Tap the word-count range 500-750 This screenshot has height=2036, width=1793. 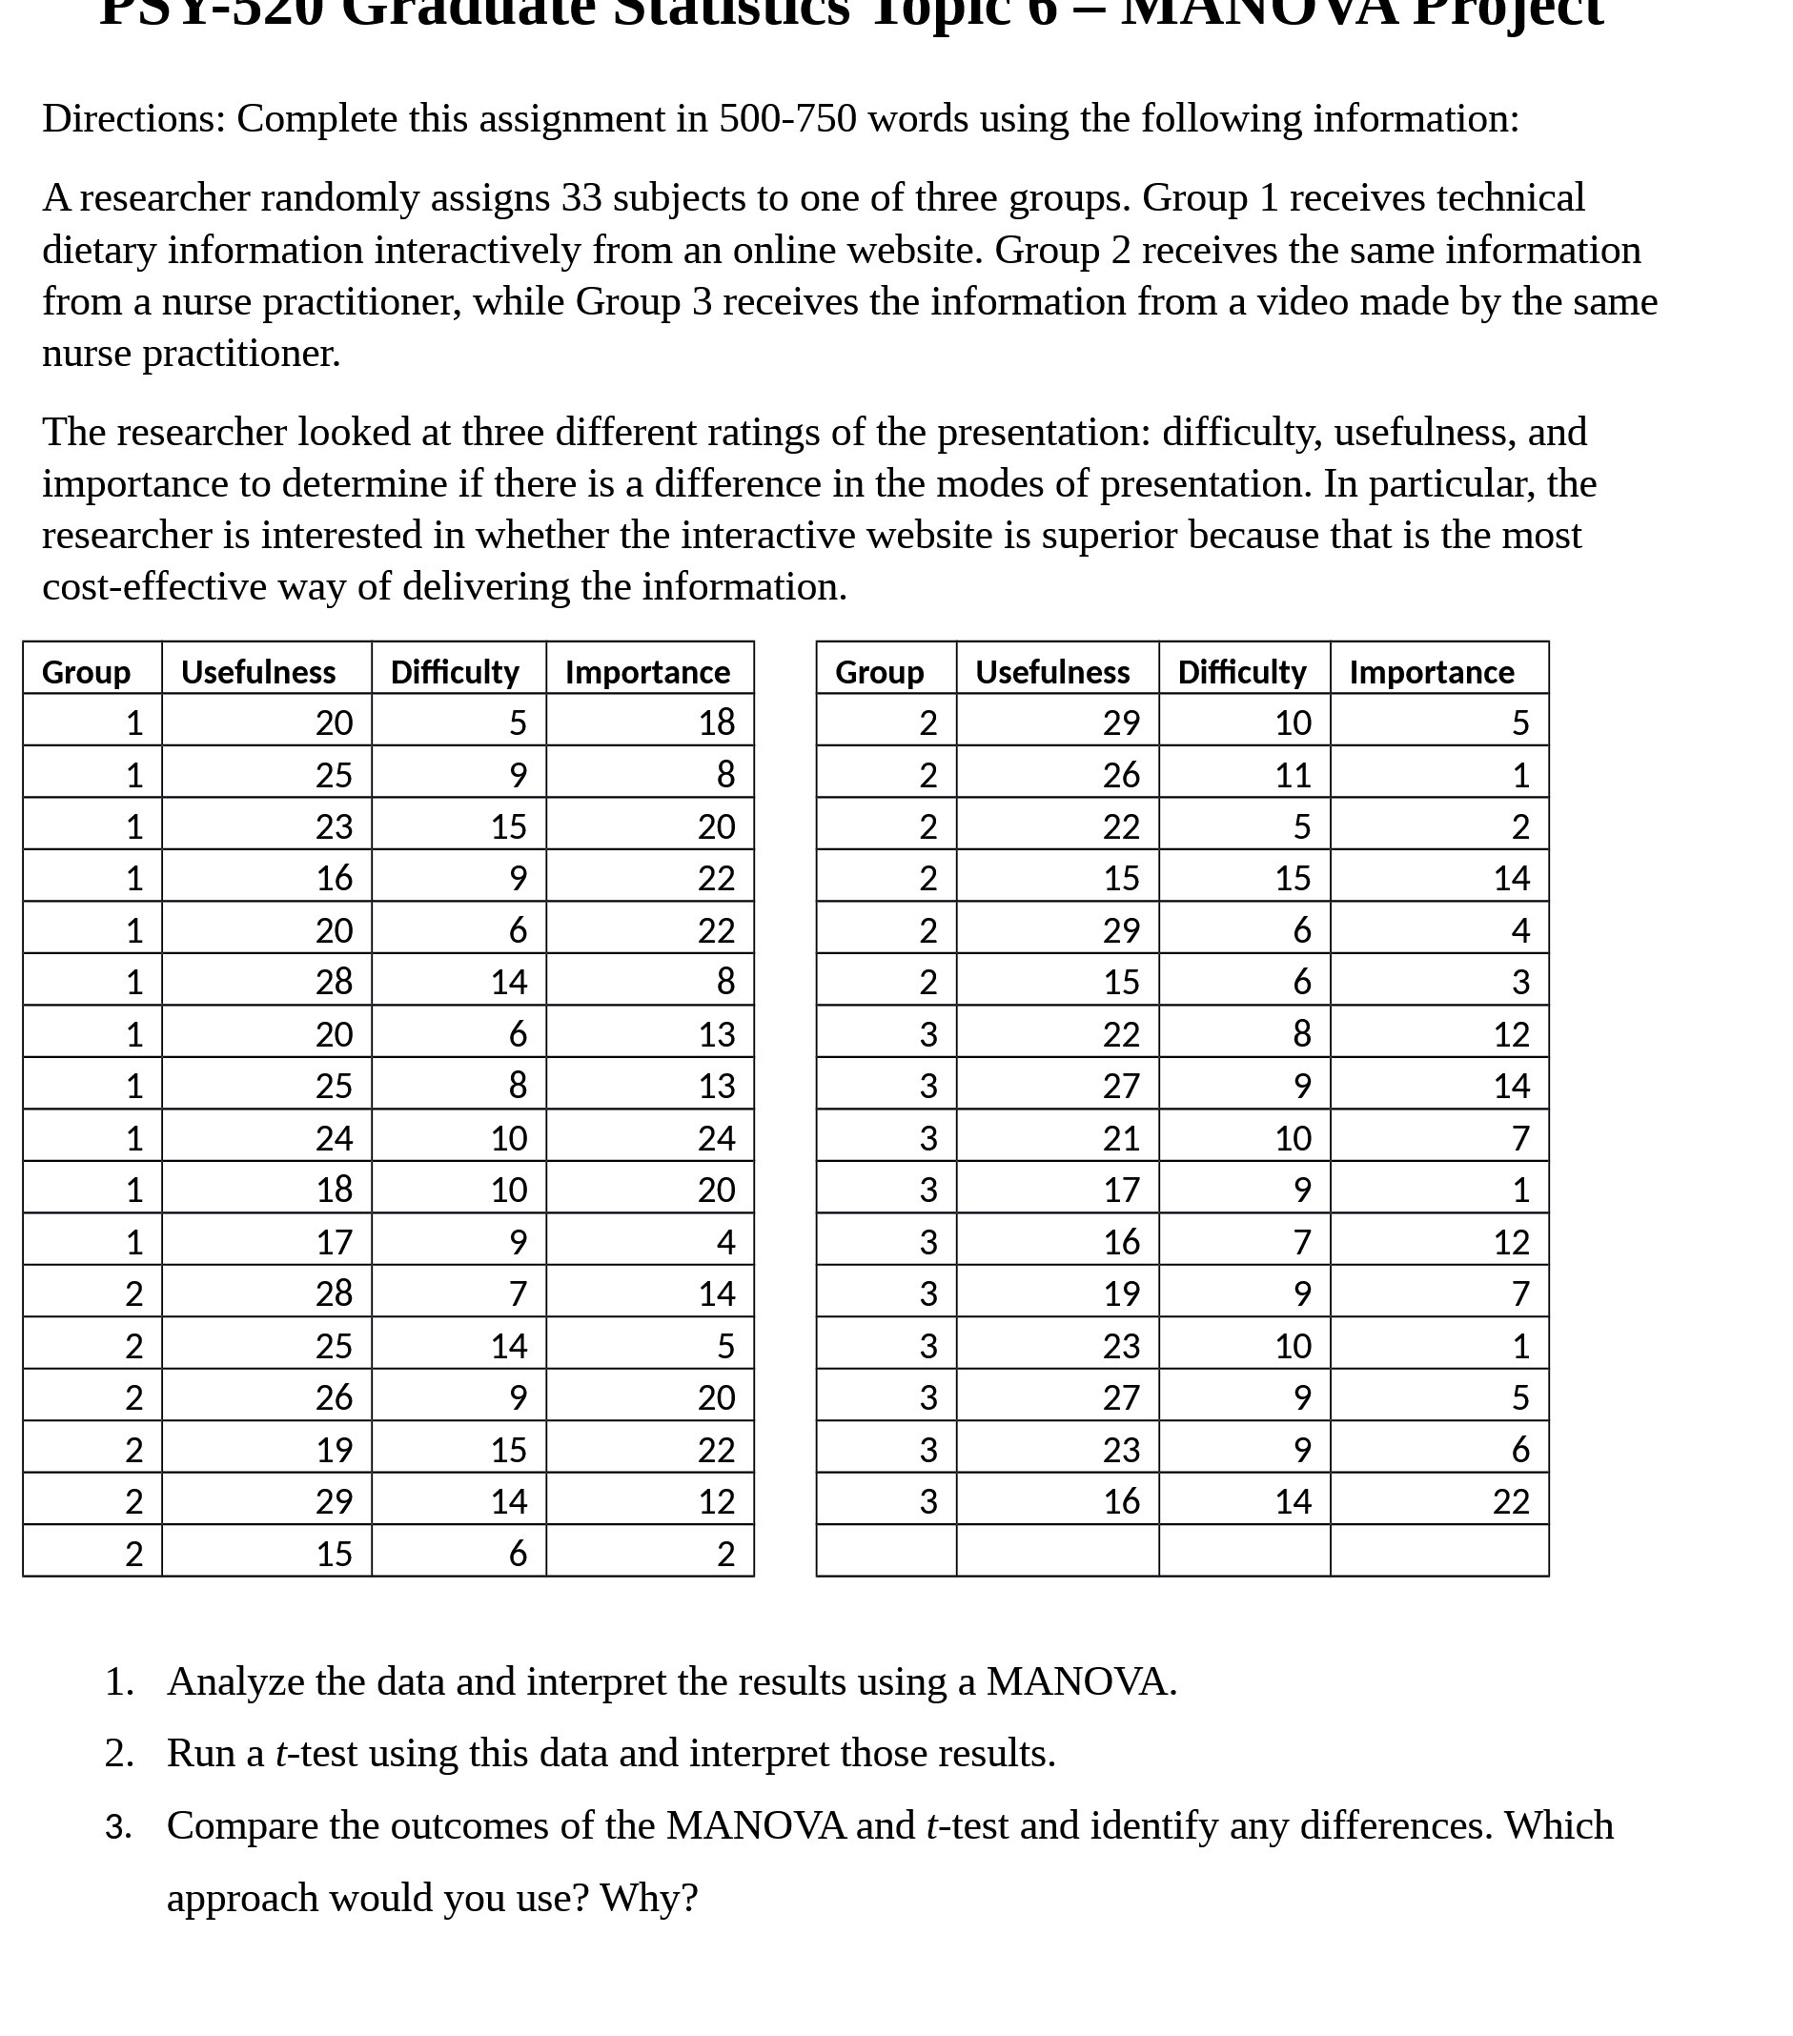point(787,118)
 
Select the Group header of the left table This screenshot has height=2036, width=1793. point(86,672)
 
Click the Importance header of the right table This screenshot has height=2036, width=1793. point(1432,672)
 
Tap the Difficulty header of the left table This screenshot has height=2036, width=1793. point(455,672)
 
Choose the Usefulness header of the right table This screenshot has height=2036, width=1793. point(1052,672)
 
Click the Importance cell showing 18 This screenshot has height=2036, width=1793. point(716,723)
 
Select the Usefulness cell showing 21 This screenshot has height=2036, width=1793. point(1121,1137)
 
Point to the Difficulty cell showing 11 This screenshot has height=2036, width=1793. point(1293,775)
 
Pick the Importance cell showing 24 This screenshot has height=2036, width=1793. point(716,1137)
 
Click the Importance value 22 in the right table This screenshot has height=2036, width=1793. point(1510,1501)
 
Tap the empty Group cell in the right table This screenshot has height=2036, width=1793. point(886,1551)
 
